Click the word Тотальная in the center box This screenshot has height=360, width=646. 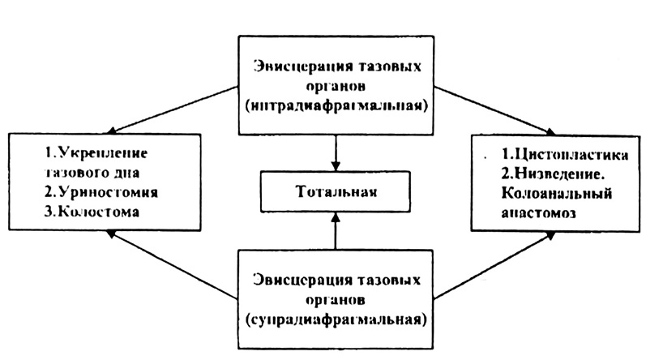(x=335, y=192)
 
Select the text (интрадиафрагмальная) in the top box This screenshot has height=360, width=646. (x=335, y=105)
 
